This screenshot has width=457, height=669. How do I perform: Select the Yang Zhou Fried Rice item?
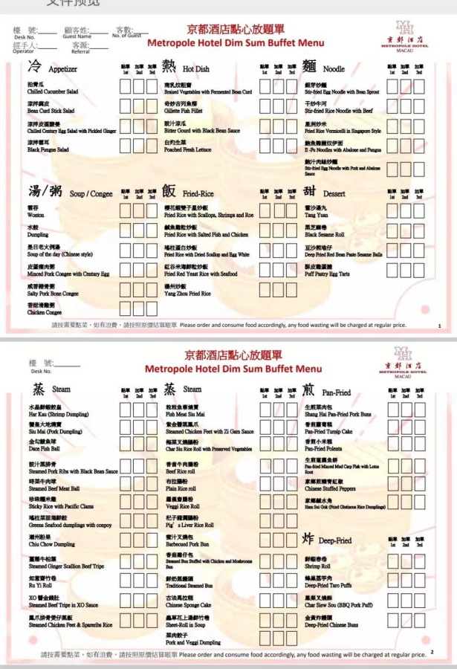188,293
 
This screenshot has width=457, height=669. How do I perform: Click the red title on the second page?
233,363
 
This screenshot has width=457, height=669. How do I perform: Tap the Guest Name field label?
77,36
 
